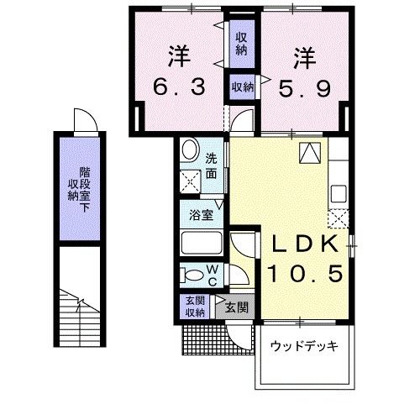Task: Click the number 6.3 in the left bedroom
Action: (178, 87)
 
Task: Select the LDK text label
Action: (303, 244)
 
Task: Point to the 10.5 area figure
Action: (303, 273)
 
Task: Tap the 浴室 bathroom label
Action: (200, 215)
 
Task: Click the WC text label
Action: (213, 274)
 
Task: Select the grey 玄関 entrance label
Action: (236, 307)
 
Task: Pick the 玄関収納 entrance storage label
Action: (195, 307)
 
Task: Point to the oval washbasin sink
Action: (191, 152)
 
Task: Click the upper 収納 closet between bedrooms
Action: (241, 43)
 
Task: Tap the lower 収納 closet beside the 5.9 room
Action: (243, 86)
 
